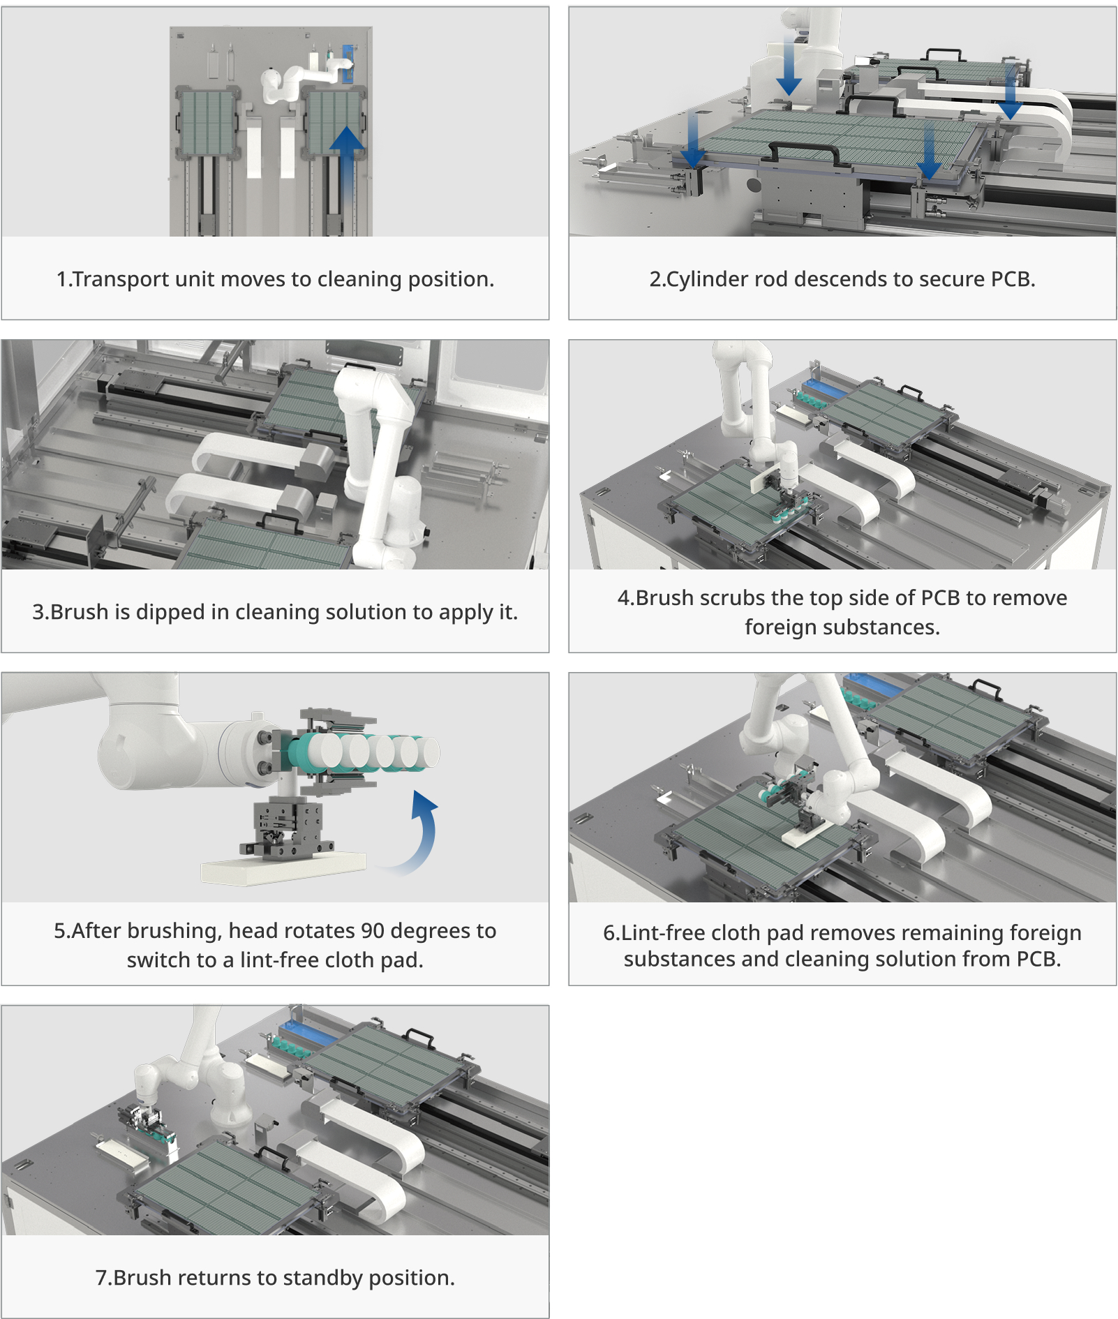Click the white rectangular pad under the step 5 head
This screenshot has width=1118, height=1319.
pos(283,870)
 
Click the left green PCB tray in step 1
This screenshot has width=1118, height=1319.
pos(207,123)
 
